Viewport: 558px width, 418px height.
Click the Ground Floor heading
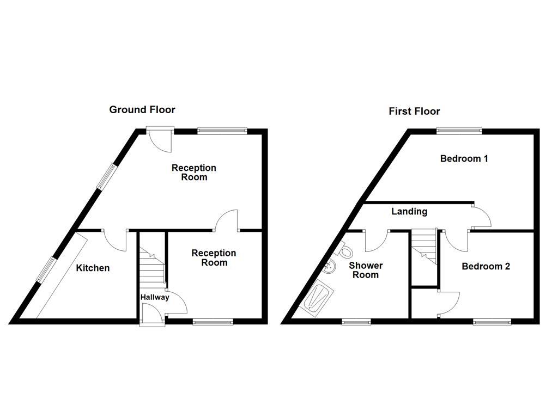pyautogui.click(x=142, y=109)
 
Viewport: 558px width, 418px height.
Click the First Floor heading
pyautogui.click(x=414, y=111)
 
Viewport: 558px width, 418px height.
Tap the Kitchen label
pyautogui.click(x=93, y=268)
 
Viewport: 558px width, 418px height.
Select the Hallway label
pyautogui.click(x=155, y=297)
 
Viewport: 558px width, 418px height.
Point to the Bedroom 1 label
pyautogui.click(x=464, y=159)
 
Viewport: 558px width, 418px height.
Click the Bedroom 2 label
pyautogui.click(x=486, y=267)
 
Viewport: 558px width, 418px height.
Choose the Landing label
pyautogui.click(x=409, y=211)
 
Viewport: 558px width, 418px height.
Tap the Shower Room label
pyautogui.click(x=366, y=270)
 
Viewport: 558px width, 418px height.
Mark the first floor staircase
pyautogui.click(x=424, y=246)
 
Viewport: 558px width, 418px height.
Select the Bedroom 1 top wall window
pyautogui.click(x=459, y=130)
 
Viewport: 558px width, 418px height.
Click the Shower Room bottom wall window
pyautogui.click(x=356, y=322)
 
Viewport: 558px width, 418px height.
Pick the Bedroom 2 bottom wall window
pyautogui.click(x=492, y=322)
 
